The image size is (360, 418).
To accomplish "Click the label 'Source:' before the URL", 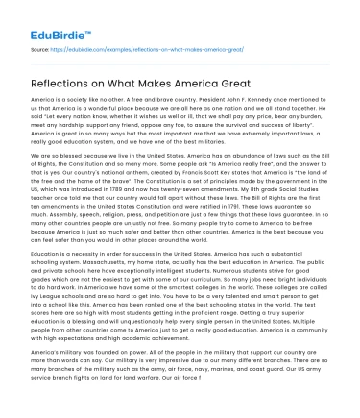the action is pos(42,47).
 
